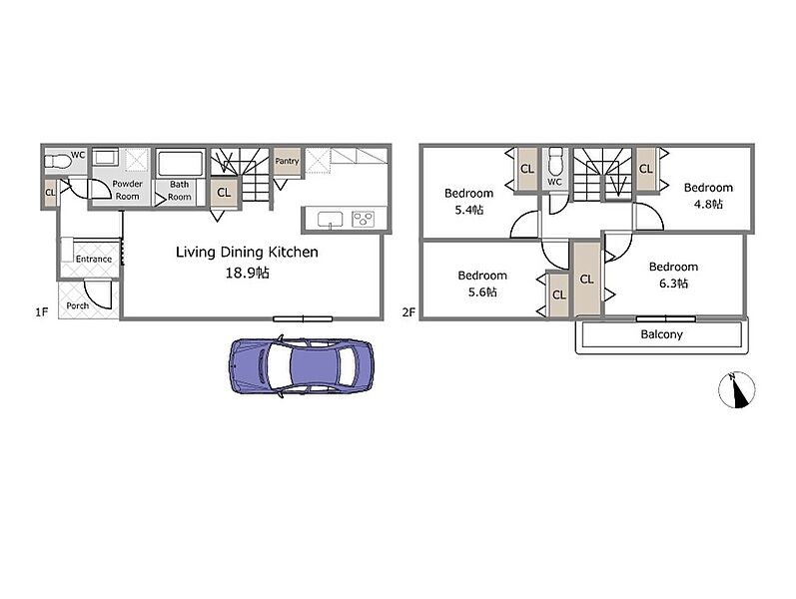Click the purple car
coord(302,365)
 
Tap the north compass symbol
coord(737,390)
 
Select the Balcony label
coord(661,334)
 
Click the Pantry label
coord(287,161)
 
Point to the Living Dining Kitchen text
coord(247,252)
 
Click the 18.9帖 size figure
coord(248,274)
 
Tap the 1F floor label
coord(42,311)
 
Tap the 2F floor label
coord(408,311)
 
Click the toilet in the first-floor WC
coord(57,162)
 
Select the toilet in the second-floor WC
coord(554,161)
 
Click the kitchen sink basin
coord(330,220)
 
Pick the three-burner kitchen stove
coord(363,219)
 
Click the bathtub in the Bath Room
coord(180,164)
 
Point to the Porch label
coord(78,305)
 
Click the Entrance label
coord(94,259)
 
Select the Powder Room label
coord(127,190)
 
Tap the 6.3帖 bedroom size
coord(674,284)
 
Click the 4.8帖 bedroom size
coord(708,204)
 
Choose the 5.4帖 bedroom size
coord(469,210)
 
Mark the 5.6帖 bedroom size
coord(482,292)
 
